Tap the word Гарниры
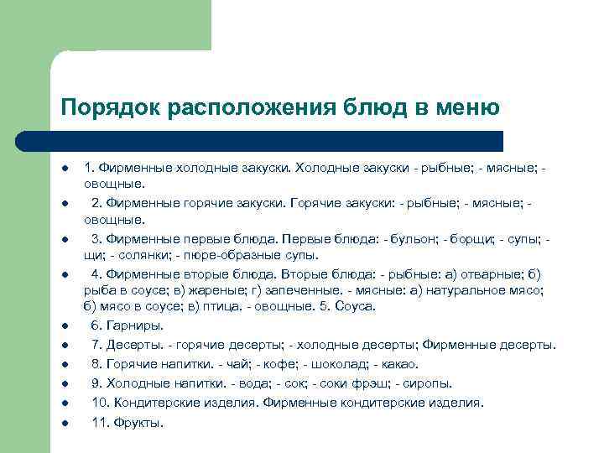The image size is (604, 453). [134, 325]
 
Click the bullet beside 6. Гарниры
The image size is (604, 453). [63, 325]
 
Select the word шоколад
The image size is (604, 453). [337, 364]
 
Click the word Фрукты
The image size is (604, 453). [139, 422]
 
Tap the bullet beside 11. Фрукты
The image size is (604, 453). [63, 422]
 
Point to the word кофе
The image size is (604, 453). [276, 364]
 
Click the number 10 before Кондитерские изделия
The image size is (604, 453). [99, 403]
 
